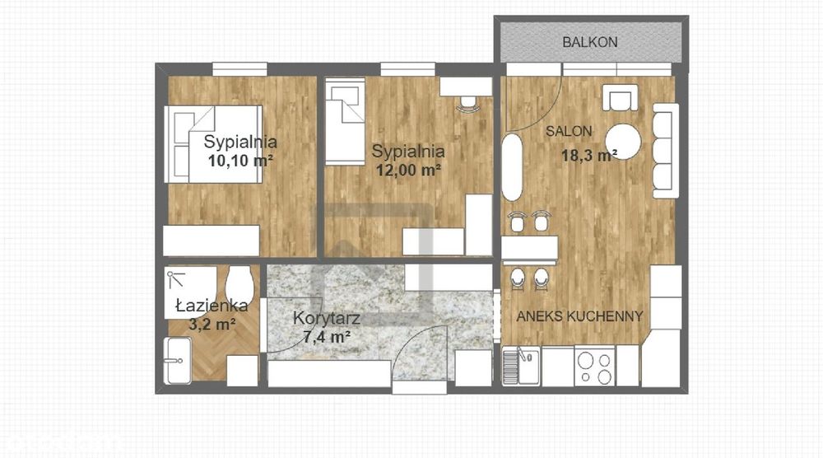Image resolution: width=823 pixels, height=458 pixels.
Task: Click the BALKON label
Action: (589, 42)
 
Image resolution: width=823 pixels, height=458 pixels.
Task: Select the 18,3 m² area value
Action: (589, 155)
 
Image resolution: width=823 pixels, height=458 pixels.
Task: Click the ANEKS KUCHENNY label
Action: (579, 315)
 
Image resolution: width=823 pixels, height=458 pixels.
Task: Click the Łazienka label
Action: (211, 306)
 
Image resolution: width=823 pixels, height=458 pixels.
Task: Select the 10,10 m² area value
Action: (240, 160)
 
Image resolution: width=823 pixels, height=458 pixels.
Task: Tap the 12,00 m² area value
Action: (408, 171)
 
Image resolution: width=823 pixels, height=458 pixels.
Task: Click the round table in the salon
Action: (624, 141)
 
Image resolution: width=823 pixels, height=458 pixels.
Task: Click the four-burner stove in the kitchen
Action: (593, 367)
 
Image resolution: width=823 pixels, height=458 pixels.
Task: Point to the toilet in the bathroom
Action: (238, 283)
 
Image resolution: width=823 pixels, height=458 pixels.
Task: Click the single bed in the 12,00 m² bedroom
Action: (345, 121)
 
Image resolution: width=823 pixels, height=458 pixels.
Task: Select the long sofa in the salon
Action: (665, 150)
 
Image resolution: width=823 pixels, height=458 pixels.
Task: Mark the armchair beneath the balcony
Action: (619, 98)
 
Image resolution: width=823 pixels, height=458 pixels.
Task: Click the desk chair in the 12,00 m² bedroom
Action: (468, 104)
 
